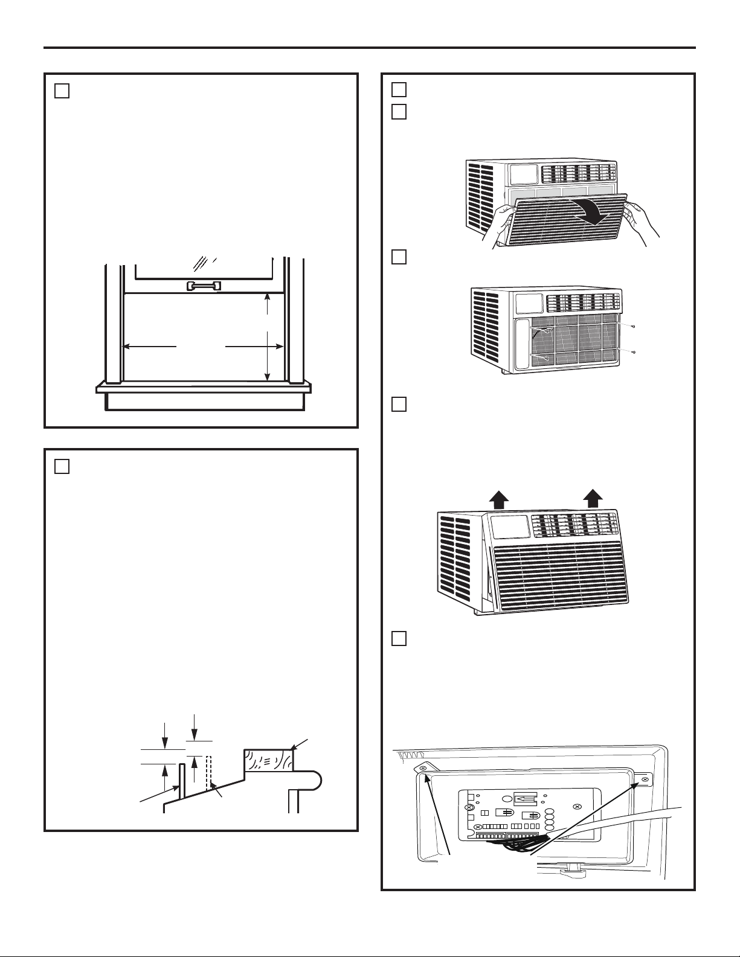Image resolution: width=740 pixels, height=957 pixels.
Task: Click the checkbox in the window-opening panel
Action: coord(62,91)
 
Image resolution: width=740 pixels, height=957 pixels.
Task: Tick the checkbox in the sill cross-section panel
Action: coord(62,466)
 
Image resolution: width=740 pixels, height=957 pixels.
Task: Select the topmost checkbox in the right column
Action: coord(398,89)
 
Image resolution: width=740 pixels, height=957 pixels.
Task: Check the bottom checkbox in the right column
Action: coord(398,638)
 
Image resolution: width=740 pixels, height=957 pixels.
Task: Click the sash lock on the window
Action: coord(204,286)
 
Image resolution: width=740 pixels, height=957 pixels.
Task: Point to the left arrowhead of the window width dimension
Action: coord(127,347)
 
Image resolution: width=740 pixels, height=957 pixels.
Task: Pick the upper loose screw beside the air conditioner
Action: coord(633,326)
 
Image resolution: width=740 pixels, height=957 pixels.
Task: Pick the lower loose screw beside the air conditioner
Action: coord(633,351)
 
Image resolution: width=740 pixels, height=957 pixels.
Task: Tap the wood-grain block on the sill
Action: coord(268,760)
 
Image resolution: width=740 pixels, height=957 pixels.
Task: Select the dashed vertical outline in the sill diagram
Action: coord(208,773)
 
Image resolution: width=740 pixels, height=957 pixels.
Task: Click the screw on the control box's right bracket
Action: coord(645,780)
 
